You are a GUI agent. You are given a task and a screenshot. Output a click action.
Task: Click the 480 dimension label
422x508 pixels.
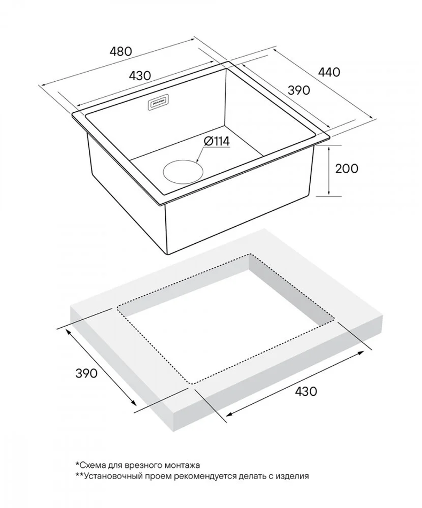point(121,51)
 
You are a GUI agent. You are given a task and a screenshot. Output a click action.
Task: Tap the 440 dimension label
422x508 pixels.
point(329,72)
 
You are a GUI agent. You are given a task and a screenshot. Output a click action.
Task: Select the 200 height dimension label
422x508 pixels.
point(347,168)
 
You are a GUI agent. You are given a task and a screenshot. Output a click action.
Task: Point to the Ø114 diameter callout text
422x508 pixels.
point(217,141)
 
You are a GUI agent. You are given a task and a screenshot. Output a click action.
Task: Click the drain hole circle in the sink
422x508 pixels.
point(183,172)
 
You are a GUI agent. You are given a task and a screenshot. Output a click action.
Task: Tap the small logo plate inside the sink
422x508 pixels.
point(158,104)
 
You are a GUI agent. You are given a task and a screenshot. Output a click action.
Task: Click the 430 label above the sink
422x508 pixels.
point(140,75)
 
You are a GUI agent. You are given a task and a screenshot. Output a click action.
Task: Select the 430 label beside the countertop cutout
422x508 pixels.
point(306,391)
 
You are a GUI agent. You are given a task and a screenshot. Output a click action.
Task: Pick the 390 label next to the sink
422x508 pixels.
point(299,90)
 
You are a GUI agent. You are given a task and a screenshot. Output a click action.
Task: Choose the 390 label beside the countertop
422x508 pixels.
point(86,373)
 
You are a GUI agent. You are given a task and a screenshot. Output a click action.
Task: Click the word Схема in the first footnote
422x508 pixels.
point(90,465)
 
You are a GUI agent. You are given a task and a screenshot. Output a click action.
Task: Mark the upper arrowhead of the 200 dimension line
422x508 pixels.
point(328,149)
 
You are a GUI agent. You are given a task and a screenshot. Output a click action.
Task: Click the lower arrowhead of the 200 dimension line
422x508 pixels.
point(328,193)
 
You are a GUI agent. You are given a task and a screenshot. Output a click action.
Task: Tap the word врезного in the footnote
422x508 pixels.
point(142,466)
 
